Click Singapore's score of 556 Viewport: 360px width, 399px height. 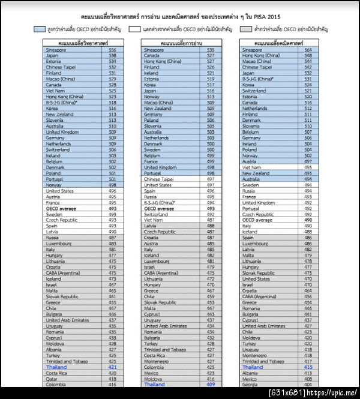112,50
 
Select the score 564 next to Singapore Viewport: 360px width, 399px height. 308,50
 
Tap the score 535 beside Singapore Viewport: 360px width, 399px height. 211,50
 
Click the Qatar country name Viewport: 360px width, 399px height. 52,379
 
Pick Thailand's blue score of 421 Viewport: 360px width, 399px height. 112,367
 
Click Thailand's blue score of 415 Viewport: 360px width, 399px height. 308,367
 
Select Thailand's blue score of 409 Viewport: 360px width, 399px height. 211,385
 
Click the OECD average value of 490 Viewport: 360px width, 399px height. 308,220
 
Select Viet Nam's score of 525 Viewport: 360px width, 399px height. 112,91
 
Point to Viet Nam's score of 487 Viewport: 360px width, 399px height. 211,220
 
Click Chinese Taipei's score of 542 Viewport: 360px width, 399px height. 112,67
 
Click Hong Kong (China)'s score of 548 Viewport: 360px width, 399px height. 308,55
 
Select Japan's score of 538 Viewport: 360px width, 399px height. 112,55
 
